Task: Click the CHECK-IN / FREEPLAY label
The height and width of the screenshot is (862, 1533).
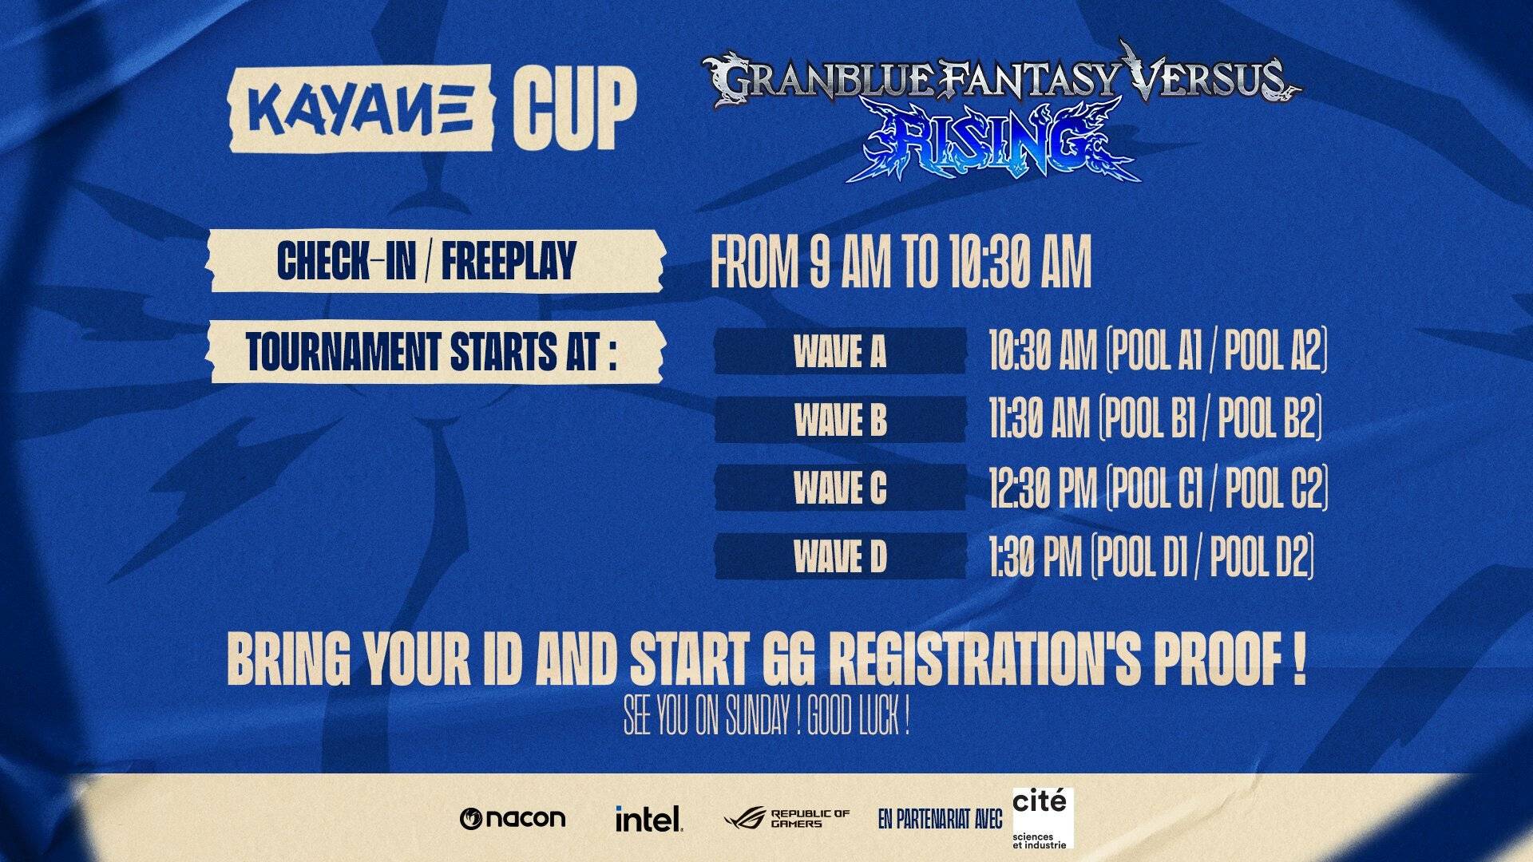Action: [426, 261]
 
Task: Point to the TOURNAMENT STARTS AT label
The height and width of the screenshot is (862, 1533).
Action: [431, 352]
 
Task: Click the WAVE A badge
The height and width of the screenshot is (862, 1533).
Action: [840, 351]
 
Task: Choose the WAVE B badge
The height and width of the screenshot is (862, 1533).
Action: [840, 420]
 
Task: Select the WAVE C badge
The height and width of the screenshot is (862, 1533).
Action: [840, 488]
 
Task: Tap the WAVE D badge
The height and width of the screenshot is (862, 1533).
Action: [840, 556]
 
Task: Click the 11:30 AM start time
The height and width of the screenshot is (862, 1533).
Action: [1039, 419]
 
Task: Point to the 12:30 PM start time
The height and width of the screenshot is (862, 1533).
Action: [1042, 488]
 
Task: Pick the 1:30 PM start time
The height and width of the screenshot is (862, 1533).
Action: [1035, 556]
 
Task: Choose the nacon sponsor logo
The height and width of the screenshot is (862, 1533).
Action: [513, 818]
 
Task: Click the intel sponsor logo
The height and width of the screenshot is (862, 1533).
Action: [648, 818]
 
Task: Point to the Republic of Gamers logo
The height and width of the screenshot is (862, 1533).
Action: [786, 818]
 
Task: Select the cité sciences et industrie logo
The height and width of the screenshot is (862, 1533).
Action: [1041, 818]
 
